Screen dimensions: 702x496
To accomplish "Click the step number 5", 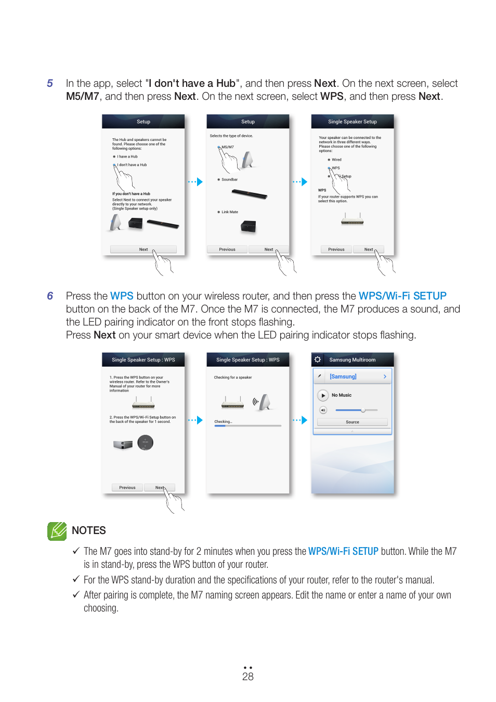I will point(50,83).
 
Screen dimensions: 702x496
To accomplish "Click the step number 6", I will point(50,296).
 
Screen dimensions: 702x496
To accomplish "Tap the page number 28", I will point(247,676).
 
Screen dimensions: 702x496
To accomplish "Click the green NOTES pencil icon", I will point(57,531).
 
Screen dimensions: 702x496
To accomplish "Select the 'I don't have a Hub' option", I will point(132,165).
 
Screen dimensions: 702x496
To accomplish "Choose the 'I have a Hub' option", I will point(127,157).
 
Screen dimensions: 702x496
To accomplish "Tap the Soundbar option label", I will point(229,179).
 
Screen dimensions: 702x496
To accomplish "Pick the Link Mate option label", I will point(229,212).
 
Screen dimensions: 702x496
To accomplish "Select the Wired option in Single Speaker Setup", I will point(336,160).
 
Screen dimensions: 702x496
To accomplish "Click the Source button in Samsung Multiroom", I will point(352,422).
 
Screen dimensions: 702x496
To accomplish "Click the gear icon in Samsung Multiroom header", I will point(318,360).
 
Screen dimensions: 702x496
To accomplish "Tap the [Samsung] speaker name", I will point(343,376).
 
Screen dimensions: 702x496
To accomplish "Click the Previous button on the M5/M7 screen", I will point(227,250).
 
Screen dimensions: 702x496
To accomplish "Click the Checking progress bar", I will point(247,426).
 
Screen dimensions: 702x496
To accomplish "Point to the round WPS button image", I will point(146,443).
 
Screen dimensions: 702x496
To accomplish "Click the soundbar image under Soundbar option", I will point(249,194).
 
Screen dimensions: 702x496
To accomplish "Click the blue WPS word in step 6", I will point(122,296).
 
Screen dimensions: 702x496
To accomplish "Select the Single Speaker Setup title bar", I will point(352,122).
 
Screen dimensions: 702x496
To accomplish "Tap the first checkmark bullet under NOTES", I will point(76,551).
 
